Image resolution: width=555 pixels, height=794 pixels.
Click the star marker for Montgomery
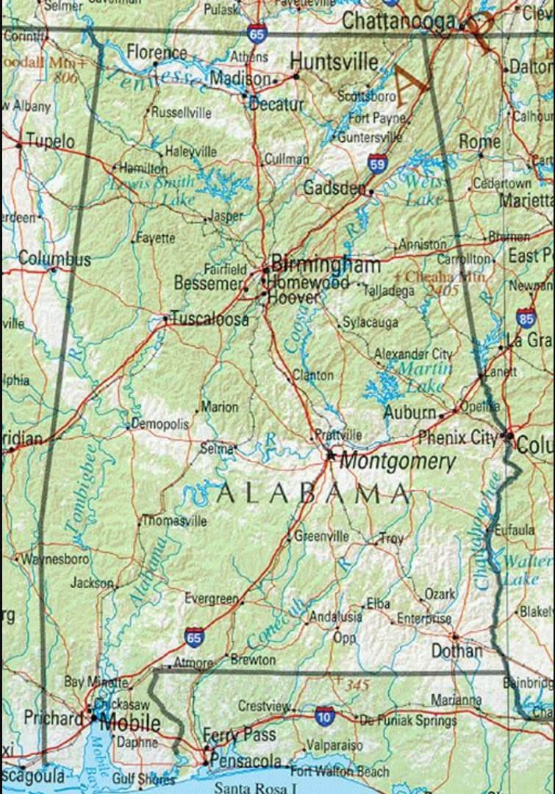point(331,456)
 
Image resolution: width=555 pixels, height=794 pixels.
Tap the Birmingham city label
point(326,264)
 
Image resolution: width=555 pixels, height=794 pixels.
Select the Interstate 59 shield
point(378,163)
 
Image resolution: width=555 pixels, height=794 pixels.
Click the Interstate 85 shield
point(525,318)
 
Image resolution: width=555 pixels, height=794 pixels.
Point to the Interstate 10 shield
point(324,714)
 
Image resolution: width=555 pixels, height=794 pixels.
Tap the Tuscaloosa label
point(210,319)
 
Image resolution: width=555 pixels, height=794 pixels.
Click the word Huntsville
point(334,61)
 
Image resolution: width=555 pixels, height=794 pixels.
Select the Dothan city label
point(456,651)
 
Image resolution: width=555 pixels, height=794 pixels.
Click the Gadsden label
point(334,188)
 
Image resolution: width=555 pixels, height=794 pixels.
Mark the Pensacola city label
point(246,761)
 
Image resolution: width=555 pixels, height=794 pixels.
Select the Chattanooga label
point(399,21)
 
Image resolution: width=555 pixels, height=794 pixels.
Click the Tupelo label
point(50,140)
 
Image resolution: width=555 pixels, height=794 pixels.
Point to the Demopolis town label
point(160,424)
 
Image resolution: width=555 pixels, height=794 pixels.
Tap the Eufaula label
point(515,529)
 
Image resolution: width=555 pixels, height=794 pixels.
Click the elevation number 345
point(357,685)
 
